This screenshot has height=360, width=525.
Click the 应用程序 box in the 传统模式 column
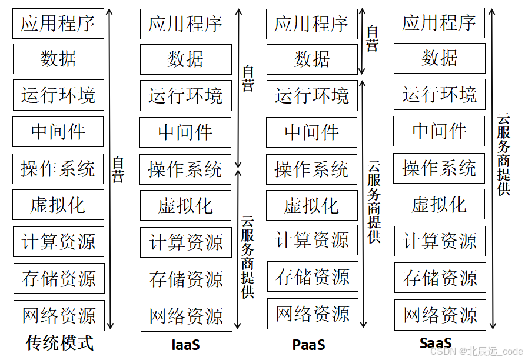58,24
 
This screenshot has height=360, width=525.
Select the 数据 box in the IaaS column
185,59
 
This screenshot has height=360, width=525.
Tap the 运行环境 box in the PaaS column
312,95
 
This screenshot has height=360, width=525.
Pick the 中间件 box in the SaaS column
439,131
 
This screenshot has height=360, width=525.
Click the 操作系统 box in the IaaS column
185,169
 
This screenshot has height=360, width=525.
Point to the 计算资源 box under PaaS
312,241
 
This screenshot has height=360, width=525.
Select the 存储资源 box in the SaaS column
440,278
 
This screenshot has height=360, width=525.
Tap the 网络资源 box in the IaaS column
186,316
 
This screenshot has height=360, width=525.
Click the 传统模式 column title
59,343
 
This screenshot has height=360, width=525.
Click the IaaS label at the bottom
185,344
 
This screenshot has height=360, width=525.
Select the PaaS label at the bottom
308,344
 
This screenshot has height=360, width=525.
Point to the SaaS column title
436,343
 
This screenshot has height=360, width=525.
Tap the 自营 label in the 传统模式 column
118,169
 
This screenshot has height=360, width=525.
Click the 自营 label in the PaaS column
372,39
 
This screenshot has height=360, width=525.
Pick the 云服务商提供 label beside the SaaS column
504,154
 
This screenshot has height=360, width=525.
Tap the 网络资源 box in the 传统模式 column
59,316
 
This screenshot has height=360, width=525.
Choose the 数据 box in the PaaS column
312,59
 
